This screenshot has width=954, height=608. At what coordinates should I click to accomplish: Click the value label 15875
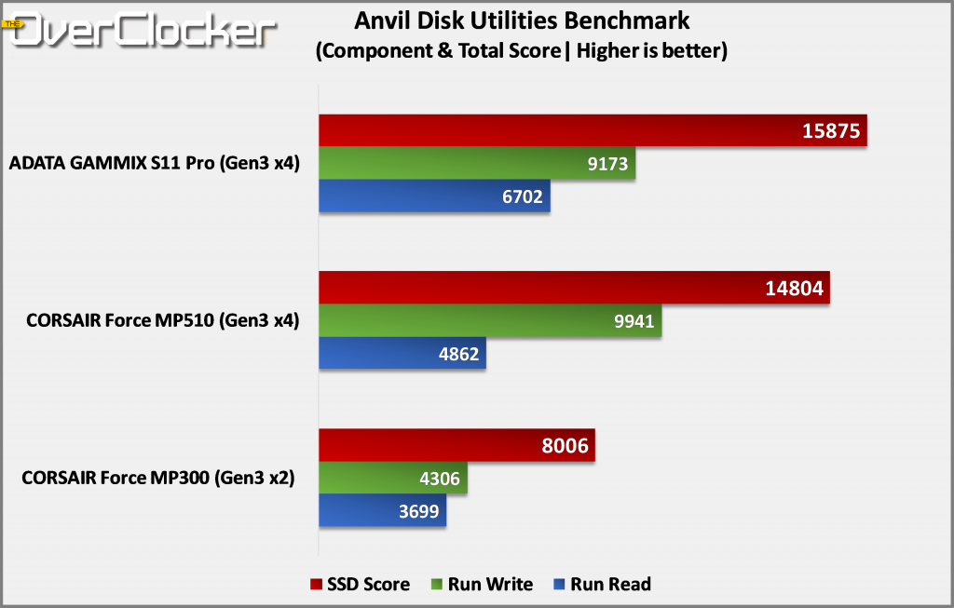(831, 130)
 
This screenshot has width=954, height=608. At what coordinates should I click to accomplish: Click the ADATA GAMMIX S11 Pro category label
(154, 165)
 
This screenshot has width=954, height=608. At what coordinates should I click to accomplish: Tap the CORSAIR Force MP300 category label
(157, 480)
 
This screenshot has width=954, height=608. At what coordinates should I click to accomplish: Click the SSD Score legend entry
(360, 585)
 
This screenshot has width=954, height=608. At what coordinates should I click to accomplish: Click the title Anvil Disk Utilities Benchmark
(523, 20)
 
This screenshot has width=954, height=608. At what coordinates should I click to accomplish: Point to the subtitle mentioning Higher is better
(522, 51)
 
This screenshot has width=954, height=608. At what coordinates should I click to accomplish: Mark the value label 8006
(565, 446)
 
